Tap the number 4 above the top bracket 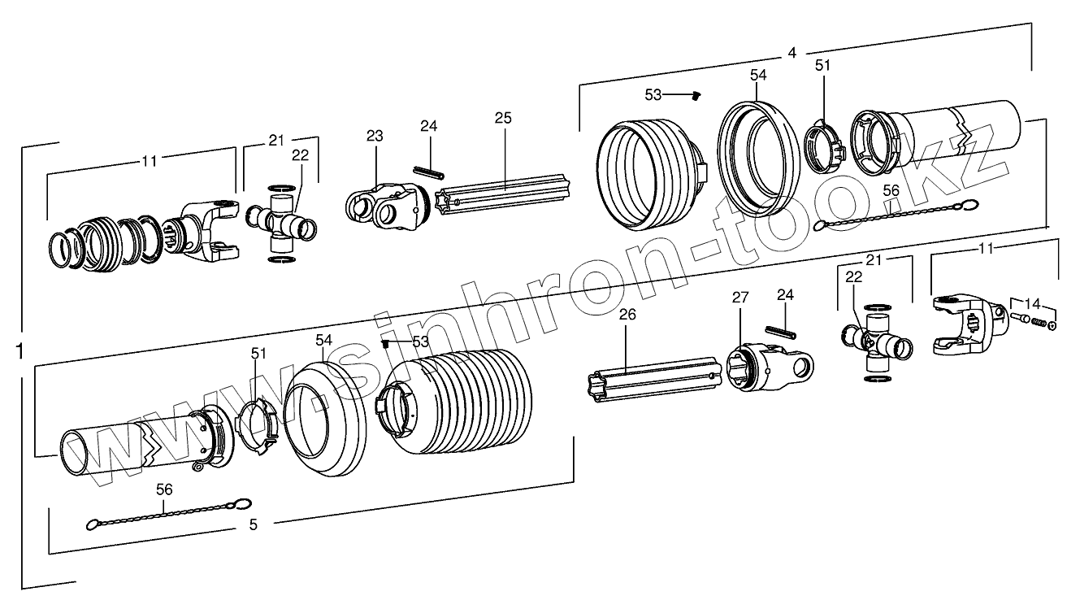click(792, 54)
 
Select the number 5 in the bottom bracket click(253, 525)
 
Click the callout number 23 click(374, 136)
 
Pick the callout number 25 click(503, 118)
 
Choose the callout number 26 click(626, 315)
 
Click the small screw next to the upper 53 click(696, 97)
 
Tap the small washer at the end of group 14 click(1053, 327)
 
